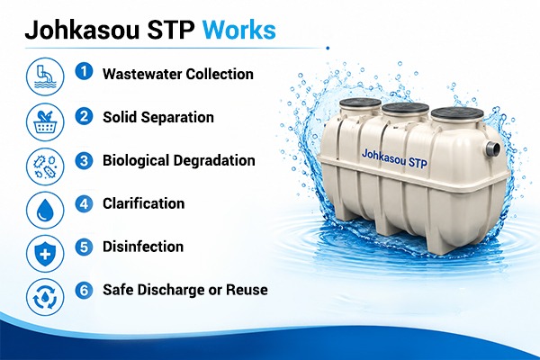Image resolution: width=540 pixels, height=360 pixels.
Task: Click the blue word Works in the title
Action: click(x=239, y=30)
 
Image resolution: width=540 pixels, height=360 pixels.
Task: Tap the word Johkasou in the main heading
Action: click(x=82, y=30)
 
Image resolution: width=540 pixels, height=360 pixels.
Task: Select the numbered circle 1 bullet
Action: click(x=84, y=72)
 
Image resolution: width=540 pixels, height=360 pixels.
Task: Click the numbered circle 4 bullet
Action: click(x=84, y=203)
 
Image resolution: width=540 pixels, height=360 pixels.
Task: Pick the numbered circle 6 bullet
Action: click(x=84, y=290)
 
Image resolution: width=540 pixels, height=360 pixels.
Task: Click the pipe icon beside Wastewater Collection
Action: click(x=45, y=76)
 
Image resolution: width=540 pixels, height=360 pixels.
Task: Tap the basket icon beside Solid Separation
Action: click(x=45, y=122)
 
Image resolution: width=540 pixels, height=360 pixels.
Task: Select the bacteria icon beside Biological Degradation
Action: click(x=45, y=166)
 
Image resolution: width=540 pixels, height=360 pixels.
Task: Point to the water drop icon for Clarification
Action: click(x=45, y=210)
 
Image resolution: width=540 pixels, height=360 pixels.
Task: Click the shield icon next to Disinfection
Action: click(x=45, y=254)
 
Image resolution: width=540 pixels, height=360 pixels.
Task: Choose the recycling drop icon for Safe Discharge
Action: click(x=45, y=297)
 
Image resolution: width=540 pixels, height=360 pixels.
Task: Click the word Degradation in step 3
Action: click(x=214, y=160)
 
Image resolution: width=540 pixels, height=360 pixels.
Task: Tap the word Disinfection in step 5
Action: click(x=143, y=247)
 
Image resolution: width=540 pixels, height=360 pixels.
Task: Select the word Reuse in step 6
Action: click(x=247, y=290)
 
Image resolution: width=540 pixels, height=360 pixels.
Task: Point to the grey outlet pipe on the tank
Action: click(x=492, y=148)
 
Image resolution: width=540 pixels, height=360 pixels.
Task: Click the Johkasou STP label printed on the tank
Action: click(x=394, y=158)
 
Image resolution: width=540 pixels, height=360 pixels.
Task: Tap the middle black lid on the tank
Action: click(x=405, y=109)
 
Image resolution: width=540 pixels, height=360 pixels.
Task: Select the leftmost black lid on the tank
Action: click(x=360, y=102)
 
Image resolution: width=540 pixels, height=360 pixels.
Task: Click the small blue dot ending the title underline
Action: click(x=328, y=49)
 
